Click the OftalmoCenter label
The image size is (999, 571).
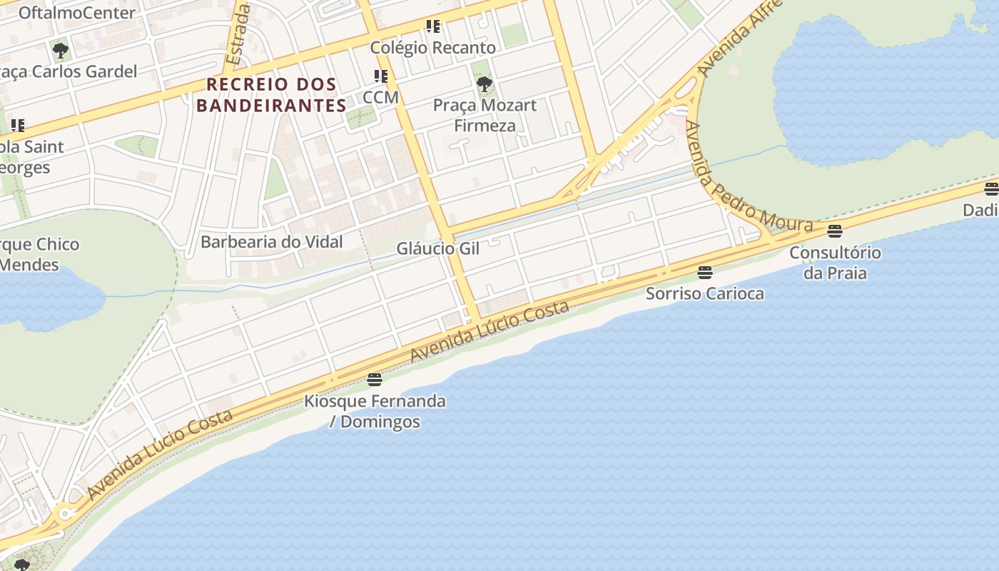point(76,13)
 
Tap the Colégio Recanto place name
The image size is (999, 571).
point(432,48)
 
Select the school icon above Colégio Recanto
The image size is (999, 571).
point(432,27)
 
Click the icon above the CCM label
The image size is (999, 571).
point(381,76)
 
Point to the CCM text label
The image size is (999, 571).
point(380,96)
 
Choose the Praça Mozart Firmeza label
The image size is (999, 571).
point(485,116)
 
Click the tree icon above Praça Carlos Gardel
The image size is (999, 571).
point(61,51)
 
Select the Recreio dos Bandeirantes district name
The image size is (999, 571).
point(271,95)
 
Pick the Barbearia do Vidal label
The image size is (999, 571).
point(271,241)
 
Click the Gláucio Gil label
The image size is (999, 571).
point(438,248)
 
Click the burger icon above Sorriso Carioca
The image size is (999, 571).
point(705,273)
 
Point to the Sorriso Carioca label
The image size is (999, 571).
point(705,293)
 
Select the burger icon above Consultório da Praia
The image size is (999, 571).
point(835,231)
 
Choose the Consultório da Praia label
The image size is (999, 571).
point(835,263)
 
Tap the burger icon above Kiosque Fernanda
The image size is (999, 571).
point(375,380)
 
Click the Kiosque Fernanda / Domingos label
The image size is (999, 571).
point(375,411)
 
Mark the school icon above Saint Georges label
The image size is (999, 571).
point(18,126)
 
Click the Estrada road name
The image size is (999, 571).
point(237,34)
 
